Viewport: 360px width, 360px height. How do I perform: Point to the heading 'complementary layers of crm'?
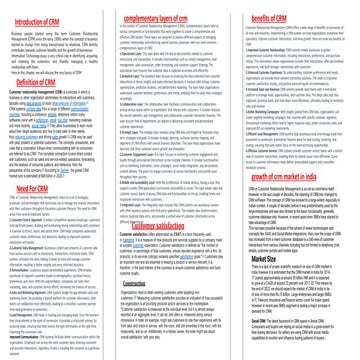pyautogui.click(x=177, y=9)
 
